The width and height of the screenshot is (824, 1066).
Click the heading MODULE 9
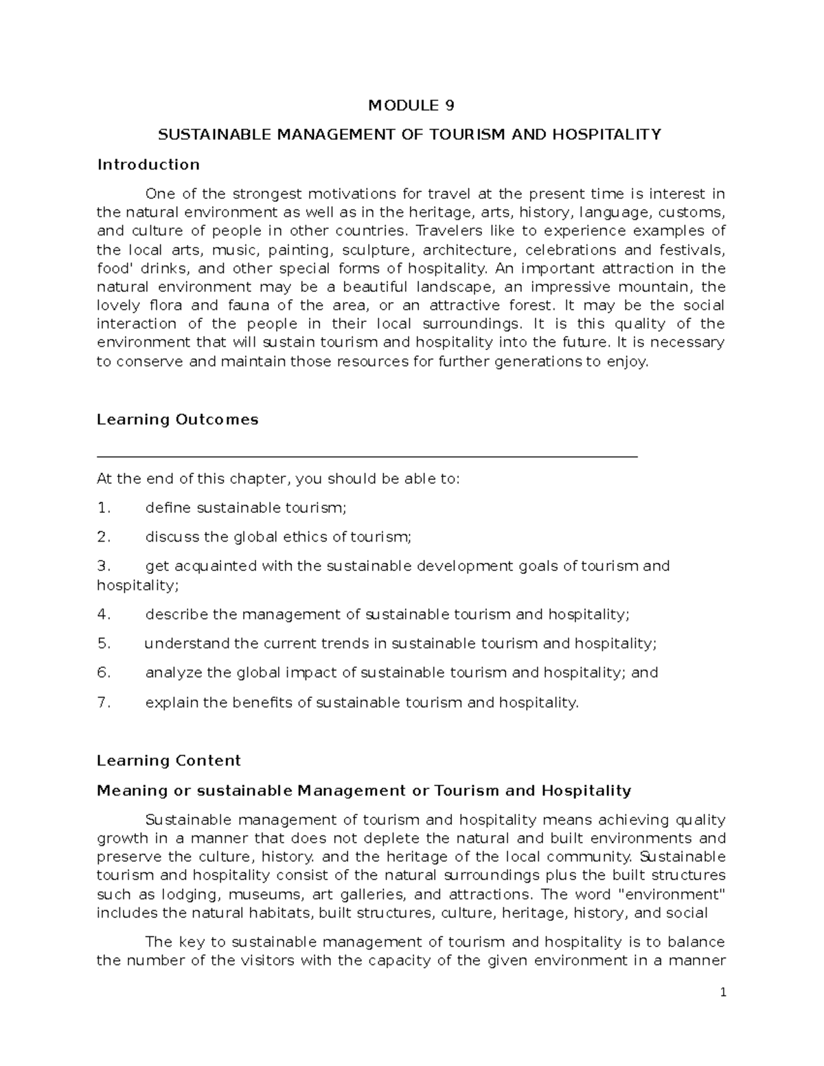click(411, 105)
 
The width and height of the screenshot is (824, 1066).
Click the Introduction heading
click(148, 165)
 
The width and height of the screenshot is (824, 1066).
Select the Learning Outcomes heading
click(177, 419)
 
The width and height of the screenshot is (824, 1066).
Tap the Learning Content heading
click(169, 761)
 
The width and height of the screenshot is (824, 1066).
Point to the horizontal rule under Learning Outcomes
click(367, 456)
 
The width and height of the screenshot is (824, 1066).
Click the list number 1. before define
click(104, 508)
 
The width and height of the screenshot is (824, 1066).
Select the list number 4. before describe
click(104, 614)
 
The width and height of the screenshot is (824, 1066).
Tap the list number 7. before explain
click(104, 702)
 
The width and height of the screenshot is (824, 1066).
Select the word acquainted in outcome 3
click(227, 566)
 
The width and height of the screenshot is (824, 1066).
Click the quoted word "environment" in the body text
click(672, 894)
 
